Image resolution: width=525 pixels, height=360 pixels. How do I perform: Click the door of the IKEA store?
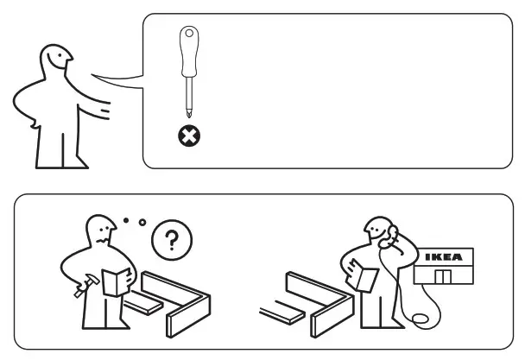tap(444, 278)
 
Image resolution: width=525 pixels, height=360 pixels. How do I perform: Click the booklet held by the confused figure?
tap(115, 281)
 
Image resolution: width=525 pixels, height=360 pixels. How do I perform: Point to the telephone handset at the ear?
tap(389, 234)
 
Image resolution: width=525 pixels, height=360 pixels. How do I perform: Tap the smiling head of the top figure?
tap(56, 61)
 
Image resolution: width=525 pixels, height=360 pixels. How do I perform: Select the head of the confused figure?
tap(100, 231)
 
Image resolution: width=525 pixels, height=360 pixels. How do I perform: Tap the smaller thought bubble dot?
tap(126, 221)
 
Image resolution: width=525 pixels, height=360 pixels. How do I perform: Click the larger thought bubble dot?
tap(142, 224)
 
